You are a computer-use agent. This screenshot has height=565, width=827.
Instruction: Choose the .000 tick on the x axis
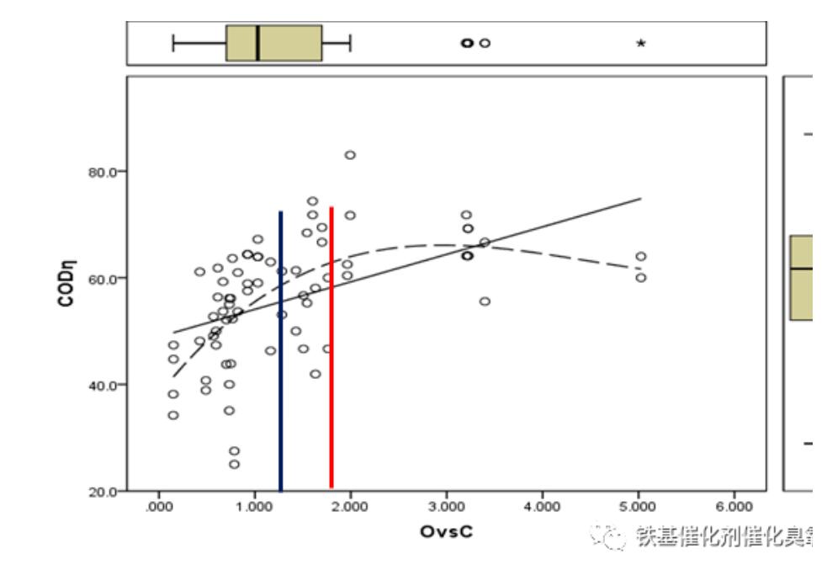click(x=158, y=507)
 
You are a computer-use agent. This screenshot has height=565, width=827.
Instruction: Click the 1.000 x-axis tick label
click(x=254, y=507)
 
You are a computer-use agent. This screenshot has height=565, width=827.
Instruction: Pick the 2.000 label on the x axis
click(x=350, y=507)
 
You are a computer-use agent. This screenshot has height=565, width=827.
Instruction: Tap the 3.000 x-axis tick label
click(x=446, y=507)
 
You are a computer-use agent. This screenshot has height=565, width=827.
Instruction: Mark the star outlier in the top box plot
click(x=641, y=43)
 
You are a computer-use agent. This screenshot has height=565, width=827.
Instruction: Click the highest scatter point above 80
click(x=350, y=155)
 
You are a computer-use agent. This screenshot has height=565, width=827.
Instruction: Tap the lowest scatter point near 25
click(x=234, y=464)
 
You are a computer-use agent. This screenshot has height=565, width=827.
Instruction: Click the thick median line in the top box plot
click(x=257, y=43)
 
